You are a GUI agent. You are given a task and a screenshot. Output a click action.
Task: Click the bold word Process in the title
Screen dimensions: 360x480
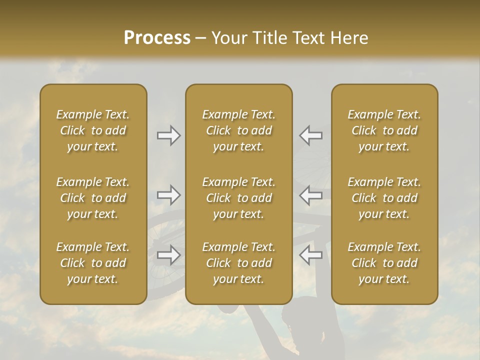(157, 38)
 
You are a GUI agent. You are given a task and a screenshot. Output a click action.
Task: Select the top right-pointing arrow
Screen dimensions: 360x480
(169, 135)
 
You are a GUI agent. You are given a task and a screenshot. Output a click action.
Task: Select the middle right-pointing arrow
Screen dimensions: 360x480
(169, 195)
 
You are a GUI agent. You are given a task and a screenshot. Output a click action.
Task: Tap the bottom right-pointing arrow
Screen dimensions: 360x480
(169, 255)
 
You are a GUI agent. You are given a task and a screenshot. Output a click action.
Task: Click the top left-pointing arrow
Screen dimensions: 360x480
(310, 135)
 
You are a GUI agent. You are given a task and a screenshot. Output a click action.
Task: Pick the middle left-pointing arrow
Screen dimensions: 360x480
(310, 195)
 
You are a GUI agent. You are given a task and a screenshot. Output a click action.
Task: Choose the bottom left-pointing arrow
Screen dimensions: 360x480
(310, 255)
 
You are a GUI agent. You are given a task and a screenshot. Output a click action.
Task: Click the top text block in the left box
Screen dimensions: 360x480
(93, 130)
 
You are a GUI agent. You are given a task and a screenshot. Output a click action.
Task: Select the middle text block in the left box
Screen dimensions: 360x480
(93, 198)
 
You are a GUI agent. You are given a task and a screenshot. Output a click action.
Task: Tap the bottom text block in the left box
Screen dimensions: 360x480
(93, 263)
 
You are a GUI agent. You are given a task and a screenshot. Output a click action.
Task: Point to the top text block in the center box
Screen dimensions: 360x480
(238, 130)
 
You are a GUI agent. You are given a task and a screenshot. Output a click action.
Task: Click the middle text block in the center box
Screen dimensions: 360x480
(238, 198)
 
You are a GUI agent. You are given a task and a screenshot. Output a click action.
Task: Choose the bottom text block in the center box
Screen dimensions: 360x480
(238, 263)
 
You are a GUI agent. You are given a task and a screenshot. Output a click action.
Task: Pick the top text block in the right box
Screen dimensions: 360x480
(384, 130)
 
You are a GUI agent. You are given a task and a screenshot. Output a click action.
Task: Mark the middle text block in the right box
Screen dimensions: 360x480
(384, 198)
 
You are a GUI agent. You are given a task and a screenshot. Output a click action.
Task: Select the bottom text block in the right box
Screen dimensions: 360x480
(384, 263)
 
